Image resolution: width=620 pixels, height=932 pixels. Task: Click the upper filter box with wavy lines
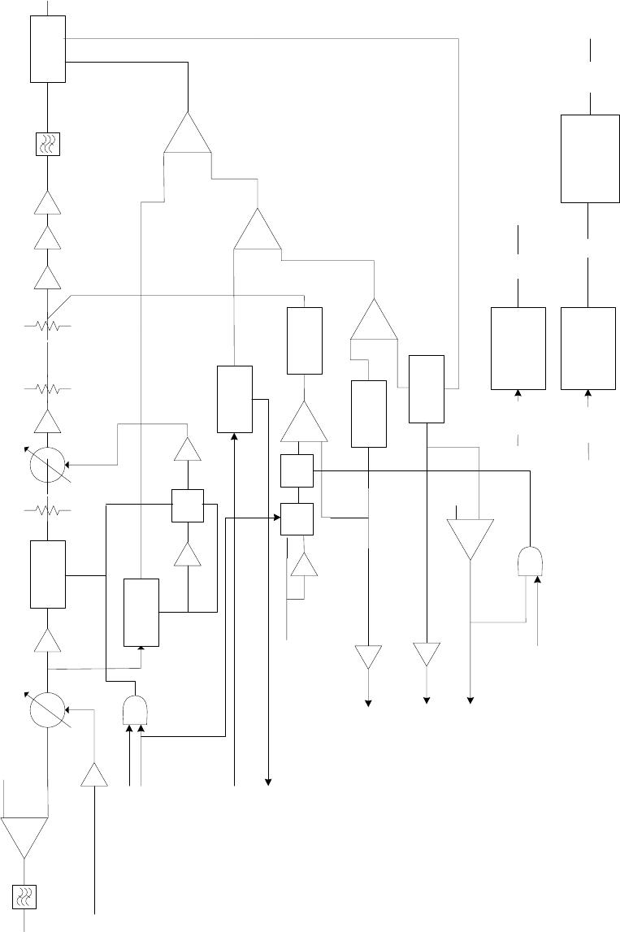pyautogui.click(x=48, y=145)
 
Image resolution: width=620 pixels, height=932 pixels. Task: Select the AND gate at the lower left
pyautogui.click(x=136, y=710)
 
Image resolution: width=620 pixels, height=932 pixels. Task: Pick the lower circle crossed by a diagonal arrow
pyautogui.click(x=47, y=709)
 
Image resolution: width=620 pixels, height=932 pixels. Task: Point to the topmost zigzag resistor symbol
pyautogui.click(x=47, y=327)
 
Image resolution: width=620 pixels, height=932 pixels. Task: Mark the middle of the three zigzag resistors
pyautogui.click(x=47, y=388)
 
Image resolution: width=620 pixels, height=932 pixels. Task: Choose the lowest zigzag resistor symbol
pyautogui.click(x=47, y=510)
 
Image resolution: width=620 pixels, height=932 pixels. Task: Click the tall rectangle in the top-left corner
pyautogui.click(x=48, y=50)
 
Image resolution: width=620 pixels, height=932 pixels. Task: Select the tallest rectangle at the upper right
pyautogui.click(x=589, y=158)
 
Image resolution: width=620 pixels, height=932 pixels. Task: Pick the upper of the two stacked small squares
pyautogui.click(x=297, y=470)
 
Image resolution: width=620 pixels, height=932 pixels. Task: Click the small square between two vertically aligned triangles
pyautogui.click(x=188, y=505)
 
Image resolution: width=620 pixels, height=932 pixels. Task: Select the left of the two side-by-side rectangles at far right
pyautogui.click(x=518, y=348)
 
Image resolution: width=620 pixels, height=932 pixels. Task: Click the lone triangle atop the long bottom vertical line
pyautogui.click(x=95, y=776)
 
